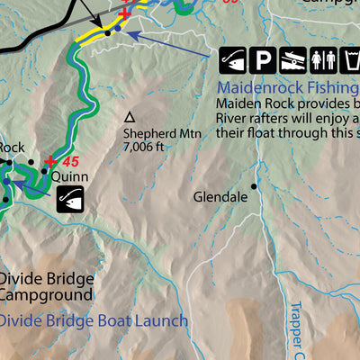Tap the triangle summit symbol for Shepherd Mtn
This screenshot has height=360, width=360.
(x=130, y=117)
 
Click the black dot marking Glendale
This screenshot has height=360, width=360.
(x=254, y=186)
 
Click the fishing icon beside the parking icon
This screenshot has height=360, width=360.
(x=232, y=60)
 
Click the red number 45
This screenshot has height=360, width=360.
(x=71, y=162)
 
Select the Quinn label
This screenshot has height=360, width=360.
(x=69, y=177)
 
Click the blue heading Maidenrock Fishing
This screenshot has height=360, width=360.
(x=288, y=88)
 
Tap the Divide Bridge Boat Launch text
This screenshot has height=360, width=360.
(x=94, y=320)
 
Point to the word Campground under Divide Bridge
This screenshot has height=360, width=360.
(x=46, y=294)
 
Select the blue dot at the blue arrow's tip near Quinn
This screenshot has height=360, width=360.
(x=7, y=182)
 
